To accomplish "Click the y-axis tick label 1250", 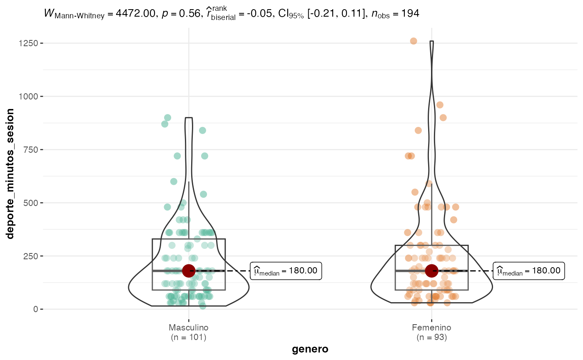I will click(28, 43).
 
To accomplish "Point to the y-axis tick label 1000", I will click(28, 97).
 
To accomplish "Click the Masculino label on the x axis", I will click(189, 327).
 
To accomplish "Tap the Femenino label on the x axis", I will click(431, 327).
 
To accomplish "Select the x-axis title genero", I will click(310, 349).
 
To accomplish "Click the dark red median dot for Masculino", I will click(189, 271).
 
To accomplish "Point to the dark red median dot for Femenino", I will click(431, 271).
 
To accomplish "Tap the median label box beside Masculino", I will click(286, 271).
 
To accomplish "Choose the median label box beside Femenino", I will click(529, 271).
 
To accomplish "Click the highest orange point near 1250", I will click(414, 41).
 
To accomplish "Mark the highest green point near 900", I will click(167, 118).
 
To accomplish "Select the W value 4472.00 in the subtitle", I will click(138, 14).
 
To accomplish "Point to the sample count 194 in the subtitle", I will click(410, 14).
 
